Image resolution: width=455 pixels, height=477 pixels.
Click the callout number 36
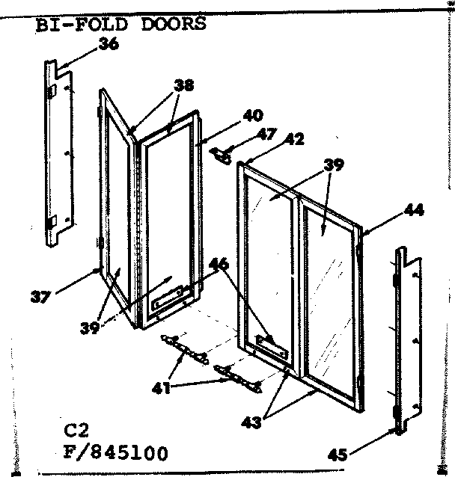tap(109, 44)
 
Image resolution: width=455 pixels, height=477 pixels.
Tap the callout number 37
tap(41, 297)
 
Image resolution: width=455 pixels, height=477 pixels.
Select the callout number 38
tap(184, 85)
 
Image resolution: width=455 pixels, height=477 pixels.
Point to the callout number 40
tap(253, 116)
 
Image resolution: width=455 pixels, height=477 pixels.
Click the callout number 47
tap(266, 134)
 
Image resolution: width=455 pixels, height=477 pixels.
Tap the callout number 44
tap(414, 210)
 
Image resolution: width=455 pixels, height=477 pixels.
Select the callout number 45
tap(338, 455)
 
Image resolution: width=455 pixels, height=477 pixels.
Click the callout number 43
tap(251, 423)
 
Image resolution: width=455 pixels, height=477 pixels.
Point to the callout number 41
tap(162, 388)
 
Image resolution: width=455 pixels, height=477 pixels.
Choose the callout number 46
tap(219, 264)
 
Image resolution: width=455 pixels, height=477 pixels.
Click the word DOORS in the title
tap(174, 25)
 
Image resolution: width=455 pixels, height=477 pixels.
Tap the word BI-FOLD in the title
tap(82, 25)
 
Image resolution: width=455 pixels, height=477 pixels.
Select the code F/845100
tap(116, 453)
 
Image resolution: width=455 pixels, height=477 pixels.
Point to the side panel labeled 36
tap(59, 153)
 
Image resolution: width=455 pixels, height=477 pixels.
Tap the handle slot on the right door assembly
tap(273, 347)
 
